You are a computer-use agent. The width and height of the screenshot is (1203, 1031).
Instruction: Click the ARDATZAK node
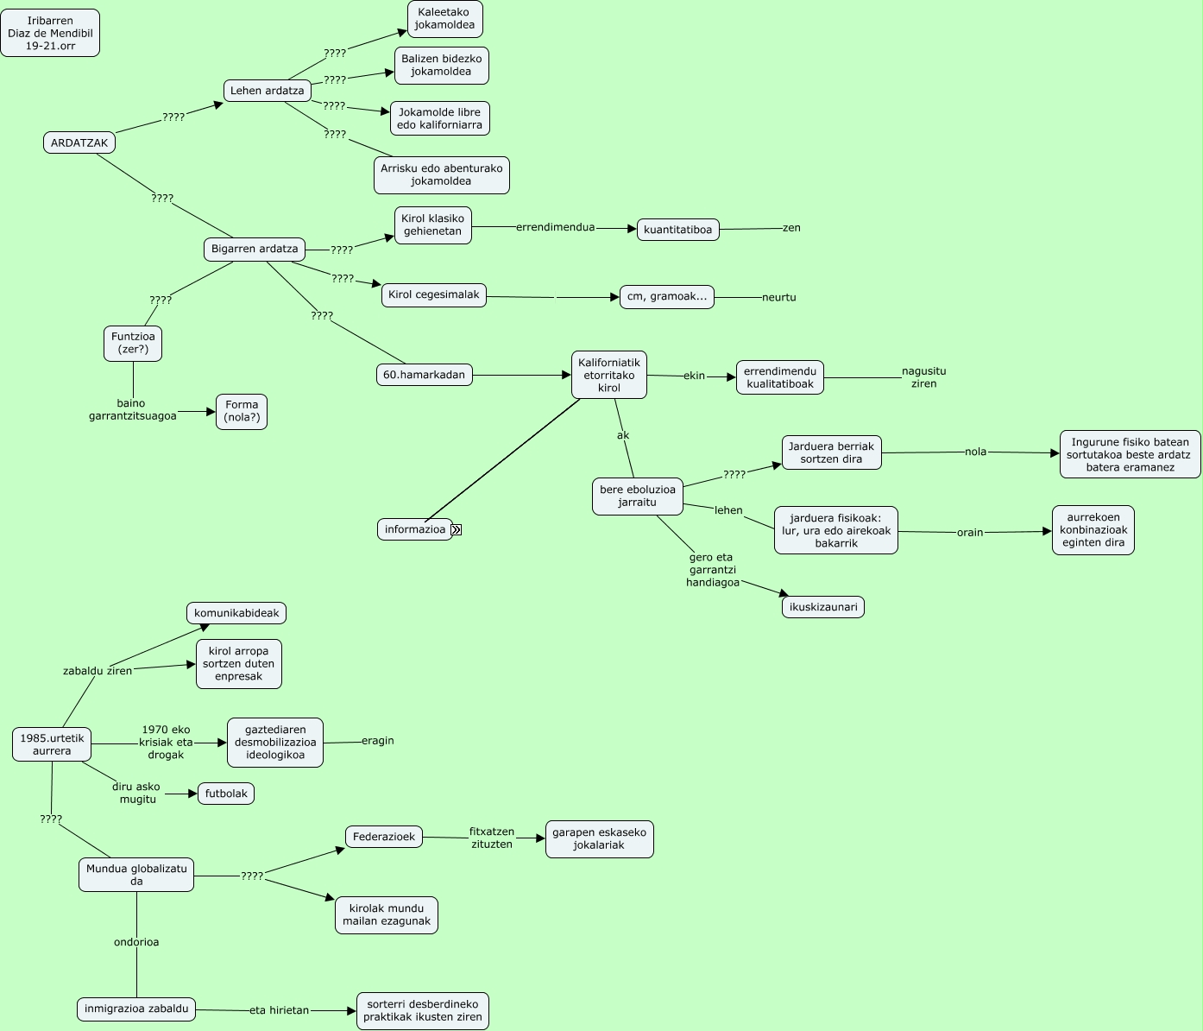point(79,143)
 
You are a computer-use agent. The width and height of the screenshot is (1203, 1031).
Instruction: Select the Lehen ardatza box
point(268,91)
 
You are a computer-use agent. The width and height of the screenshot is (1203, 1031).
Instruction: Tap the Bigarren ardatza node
point(255,250)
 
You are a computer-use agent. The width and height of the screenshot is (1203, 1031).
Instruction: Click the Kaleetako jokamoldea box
point(444,19)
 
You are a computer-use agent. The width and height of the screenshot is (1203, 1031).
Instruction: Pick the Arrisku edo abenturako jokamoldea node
point(441,175)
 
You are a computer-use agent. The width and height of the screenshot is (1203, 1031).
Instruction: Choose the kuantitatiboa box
point(678,230)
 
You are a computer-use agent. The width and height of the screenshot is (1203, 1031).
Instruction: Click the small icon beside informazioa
point(457,530)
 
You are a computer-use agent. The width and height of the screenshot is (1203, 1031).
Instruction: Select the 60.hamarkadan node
point(425,375)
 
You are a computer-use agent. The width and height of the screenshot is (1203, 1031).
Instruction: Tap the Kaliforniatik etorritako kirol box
point(609,376)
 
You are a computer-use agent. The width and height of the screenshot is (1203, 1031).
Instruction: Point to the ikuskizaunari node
point(823,607)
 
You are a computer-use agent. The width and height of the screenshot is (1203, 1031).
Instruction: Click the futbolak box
point(226,794)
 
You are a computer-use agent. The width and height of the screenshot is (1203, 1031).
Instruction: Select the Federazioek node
point(384,837)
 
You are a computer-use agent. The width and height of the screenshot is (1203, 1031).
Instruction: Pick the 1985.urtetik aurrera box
point(52,744)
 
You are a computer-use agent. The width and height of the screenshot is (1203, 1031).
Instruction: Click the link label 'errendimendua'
point(555,228)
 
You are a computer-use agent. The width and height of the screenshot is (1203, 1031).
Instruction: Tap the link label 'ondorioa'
point(136,942)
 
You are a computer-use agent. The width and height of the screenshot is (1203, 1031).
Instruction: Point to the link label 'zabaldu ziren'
point(98,671)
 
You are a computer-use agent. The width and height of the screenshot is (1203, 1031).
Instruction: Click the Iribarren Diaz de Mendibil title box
point(50,34)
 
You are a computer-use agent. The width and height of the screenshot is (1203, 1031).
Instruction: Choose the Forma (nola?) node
point(242,411)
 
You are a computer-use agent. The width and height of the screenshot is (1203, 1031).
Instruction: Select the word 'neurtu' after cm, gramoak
point(778,298)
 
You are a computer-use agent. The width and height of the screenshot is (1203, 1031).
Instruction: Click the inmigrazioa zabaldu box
point(136,1009)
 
